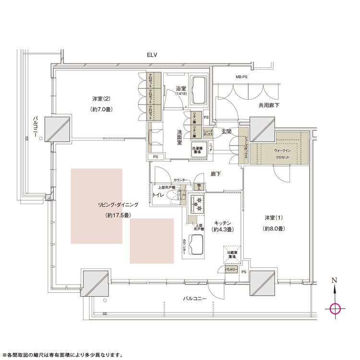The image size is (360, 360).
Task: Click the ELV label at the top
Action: [153, 56]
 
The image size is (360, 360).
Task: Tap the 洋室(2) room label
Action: [101, 99]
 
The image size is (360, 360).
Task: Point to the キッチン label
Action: [223, 223]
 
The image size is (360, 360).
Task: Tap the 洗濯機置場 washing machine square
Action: [200, 149]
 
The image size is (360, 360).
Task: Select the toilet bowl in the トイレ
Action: [179, 195]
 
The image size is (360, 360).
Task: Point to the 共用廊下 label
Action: [269, 105]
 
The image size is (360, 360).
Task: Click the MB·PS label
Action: [241, 77]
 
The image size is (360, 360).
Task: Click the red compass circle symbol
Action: [335, 308]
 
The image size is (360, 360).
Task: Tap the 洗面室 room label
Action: [178, 140]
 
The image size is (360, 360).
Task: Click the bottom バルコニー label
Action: [194, 299]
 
